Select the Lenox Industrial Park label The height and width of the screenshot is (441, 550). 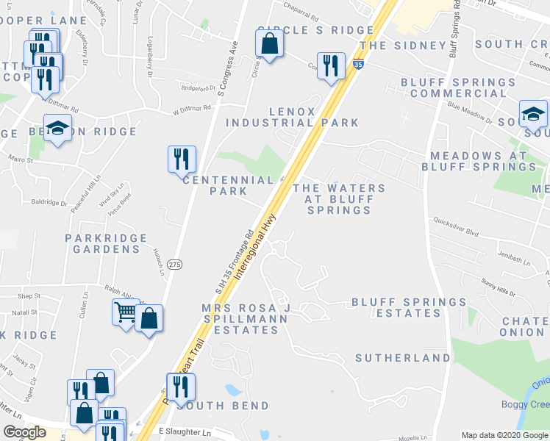click(292, 118)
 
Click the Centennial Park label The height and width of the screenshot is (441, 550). click(228, 185)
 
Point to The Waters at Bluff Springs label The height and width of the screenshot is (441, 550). click(339, 199)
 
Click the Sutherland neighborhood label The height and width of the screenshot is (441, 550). click(403, 358)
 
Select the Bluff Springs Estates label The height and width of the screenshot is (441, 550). click(408, 307)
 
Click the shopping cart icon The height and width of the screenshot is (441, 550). click(125, 312)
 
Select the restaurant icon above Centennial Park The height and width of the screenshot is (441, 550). click(181, 158)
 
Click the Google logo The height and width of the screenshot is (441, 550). click(25, 432)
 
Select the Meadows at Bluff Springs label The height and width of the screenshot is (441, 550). click(479, 162)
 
